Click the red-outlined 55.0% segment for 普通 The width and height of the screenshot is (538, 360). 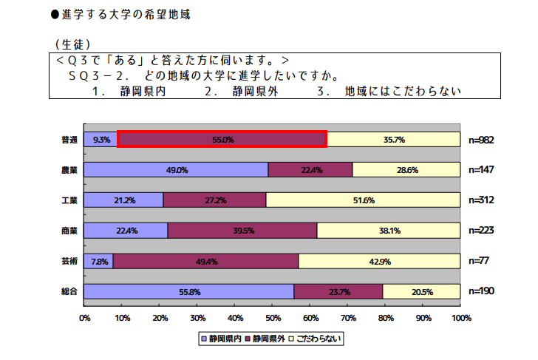[x=222, y=139]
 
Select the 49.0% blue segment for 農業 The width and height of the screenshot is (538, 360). [x=176, y=169]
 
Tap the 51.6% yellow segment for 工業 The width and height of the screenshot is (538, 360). [x=363, y=200]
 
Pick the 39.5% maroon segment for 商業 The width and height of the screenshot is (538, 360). [x=242, y=230]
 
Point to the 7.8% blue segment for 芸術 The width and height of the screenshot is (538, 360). [x=99, y=260]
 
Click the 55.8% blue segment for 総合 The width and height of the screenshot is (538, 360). [x=189, y=291]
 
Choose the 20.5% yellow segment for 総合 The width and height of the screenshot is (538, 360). [x=422, y=291]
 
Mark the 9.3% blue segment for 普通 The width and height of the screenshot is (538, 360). [x=101, y=139]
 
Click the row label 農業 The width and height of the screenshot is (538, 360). [x=71, y=169]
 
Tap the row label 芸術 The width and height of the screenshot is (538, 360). [x=71, y=260]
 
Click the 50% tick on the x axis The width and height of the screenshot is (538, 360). [x=273, y=318]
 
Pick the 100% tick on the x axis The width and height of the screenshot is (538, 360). [x=460, y=318]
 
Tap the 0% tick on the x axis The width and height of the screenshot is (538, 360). [x=84, y=318]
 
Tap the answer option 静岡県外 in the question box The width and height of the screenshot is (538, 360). [x=251, y=92]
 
